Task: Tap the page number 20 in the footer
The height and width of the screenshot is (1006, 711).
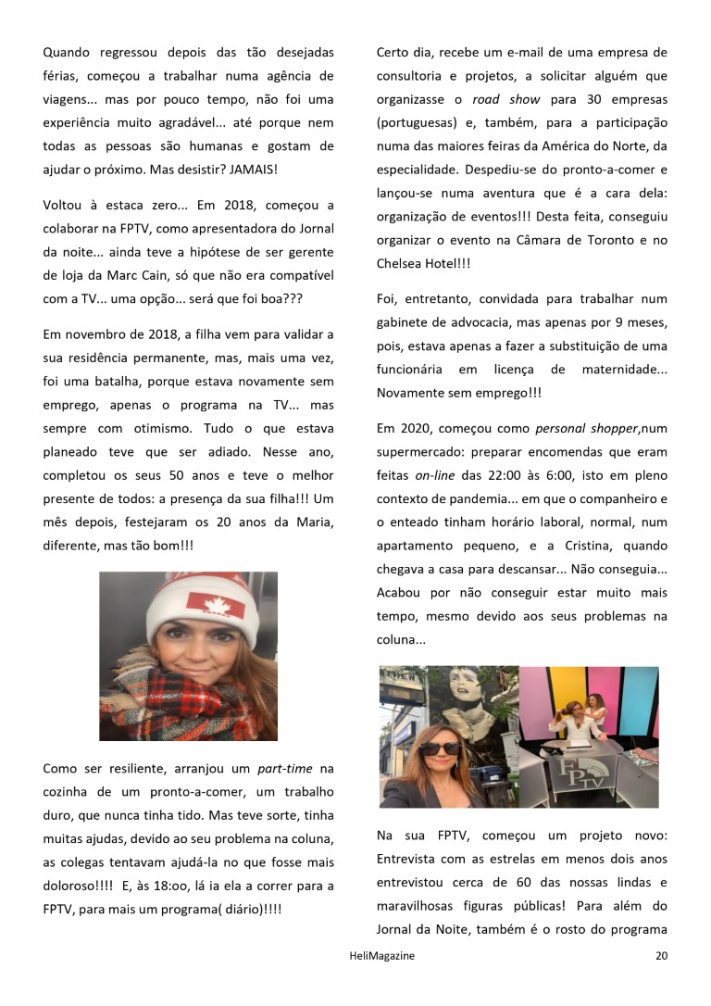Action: pos(661,955)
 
